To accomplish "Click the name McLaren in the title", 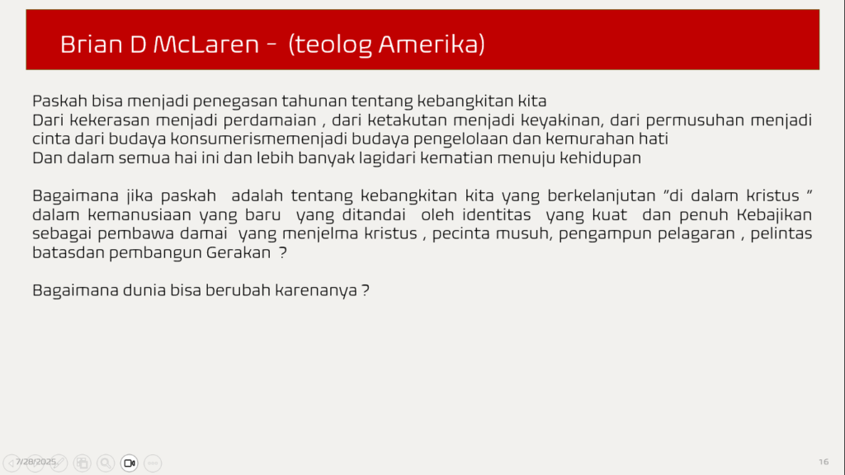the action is [205, 45].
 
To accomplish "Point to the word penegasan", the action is [235, 101].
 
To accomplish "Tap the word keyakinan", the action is [561, 120].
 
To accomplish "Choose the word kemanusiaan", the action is [139, 214].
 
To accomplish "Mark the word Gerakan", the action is [238, 252].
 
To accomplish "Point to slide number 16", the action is [824, 462].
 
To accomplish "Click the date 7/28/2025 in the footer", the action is [35, 462].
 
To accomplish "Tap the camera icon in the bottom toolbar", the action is [130, 463].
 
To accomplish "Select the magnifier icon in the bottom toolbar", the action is [106, 463].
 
